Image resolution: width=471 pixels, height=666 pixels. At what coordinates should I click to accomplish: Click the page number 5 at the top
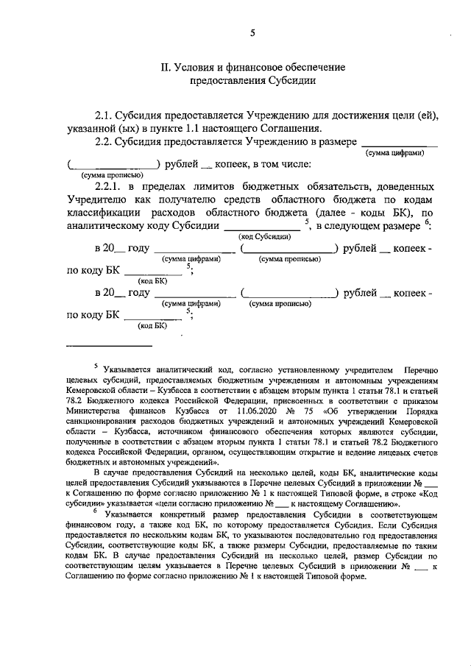coord(252,32)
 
